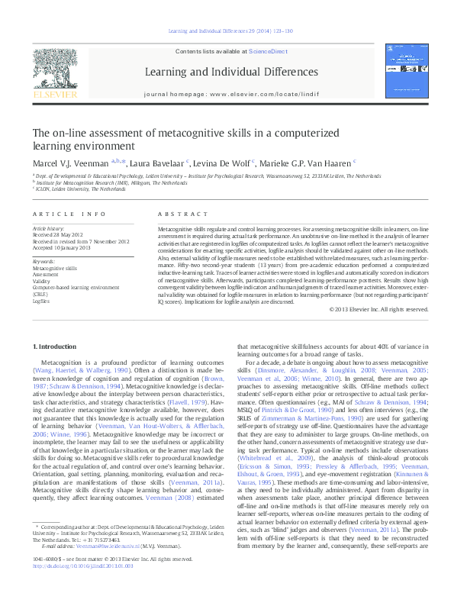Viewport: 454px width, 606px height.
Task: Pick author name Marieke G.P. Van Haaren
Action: click(315, 162)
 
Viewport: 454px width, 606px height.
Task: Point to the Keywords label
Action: click(45, 263)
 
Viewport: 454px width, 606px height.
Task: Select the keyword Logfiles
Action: click(41, 301)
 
